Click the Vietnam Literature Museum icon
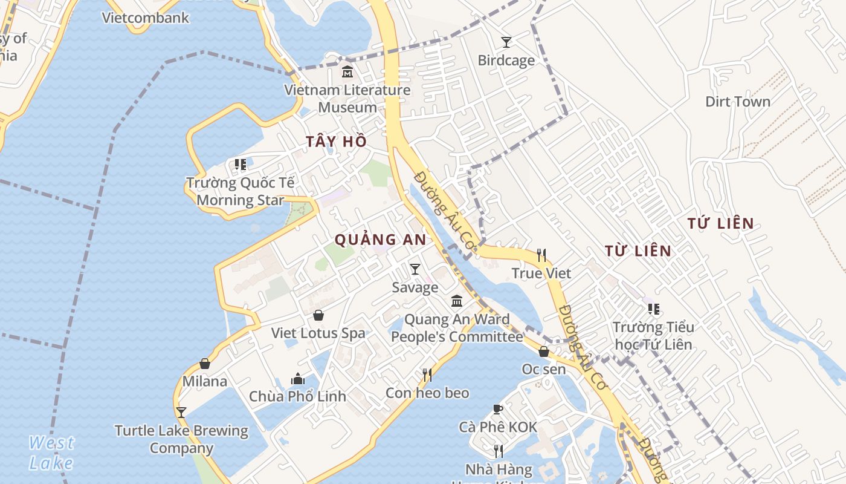(347, 72)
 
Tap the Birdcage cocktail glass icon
(506, 42)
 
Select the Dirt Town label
(738, 101)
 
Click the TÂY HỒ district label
(336, 142)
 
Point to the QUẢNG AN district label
(381, 240)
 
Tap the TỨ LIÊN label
(720, 223)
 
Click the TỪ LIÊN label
(638, 250)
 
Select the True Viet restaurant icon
(541, 255)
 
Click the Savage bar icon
(415, 269)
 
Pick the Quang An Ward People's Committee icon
(457, 301)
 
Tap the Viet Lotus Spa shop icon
(318, 315)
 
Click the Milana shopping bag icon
(205, 364)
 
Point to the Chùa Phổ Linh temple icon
(298, 379)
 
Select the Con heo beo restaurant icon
(427, 375)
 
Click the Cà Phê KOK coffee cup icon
(498, 409)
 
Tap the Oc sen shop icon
(544, 351)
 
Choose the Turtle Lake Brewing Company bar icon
(181, 413)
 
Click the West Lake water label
(51, 453)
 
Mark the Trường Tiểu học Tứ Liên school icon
(653, 309)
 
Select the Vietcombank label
(146, 18)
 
